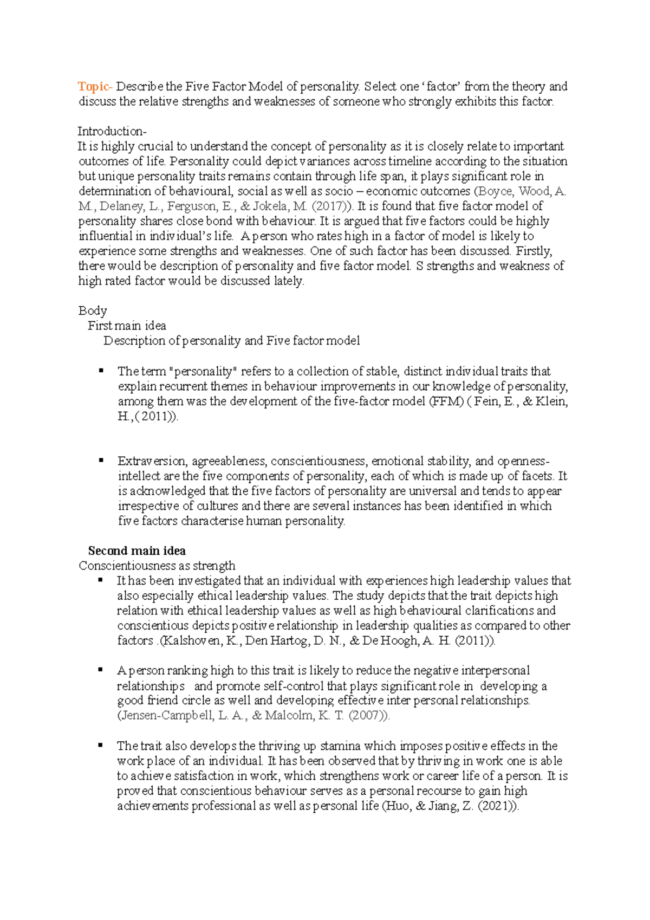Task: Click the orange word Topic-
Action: click(x=95, y=87)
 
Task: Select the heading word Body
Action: click(x=93, y=311)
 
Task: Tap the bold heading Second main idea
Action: click(x=137, y=551)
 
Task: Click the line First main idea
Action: click(x=127, y=326)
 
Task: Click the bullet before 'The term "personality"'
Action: click(x=101, y=371)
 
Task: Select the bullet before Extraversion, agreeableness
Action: click(x=101, y=461)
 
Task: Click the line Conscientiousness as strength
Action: click(x=157, y=566)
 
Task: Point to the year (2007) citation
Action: click(x=368, y=716)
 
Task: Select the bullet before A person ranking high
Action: click(x=101, y=670)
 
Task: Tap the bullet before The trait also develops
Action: click(x=101, y=745)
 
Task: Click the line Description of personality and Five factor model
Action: click(x=231, y=341)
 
